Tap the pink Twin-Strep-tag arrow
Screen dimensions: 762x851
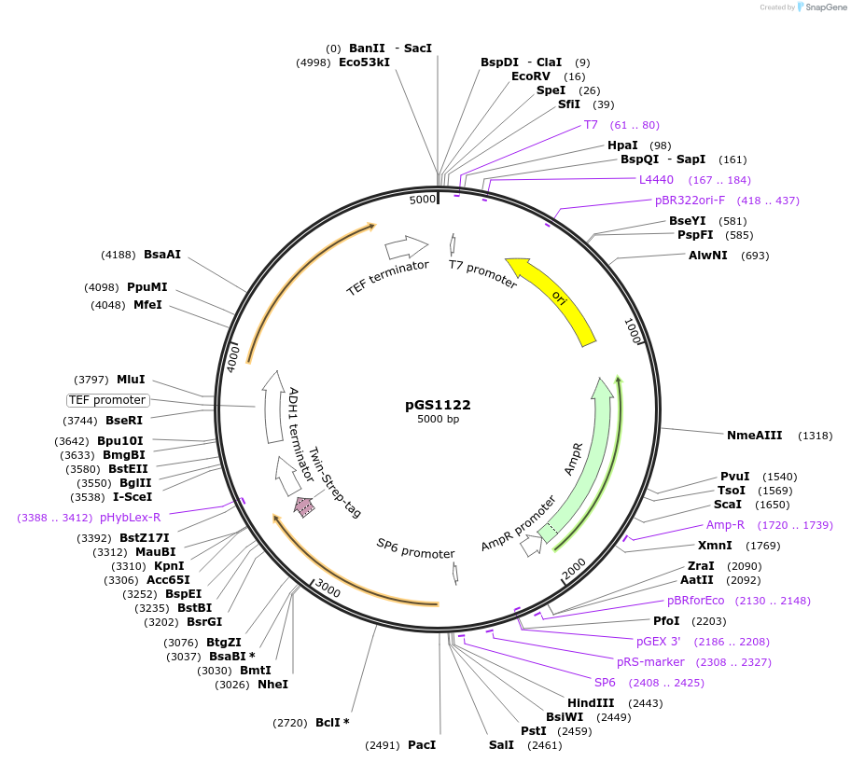(x=304, y=506)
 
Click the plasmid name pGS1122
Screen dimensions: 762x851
(x=438, y=405)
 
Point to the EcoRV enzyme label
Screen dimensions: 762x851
(x=531, y=76)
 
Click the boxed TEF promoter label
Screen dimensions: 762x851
(x=107, y=400)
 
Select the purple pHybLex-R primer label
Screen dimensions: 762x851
(x=130, y=517)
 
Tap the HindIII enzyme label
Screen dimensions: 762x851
(x=591, y=702)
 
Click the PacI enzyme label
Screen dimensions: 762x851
(x=422, y=745)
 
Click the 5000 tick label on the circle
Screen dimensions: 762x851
(x=423, y=200)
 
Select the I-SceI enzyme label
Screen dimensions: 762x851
(x=133, y=497)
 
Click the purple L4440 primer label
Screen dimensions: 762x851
(x=656, y=180)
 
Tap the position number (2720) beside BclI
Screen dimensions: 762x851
(x=289, y=723)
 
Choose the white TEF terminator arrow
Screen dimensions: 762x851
(x=406, y=247)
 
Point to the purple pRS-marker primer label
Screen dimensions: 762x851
(x=650, y=662)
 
